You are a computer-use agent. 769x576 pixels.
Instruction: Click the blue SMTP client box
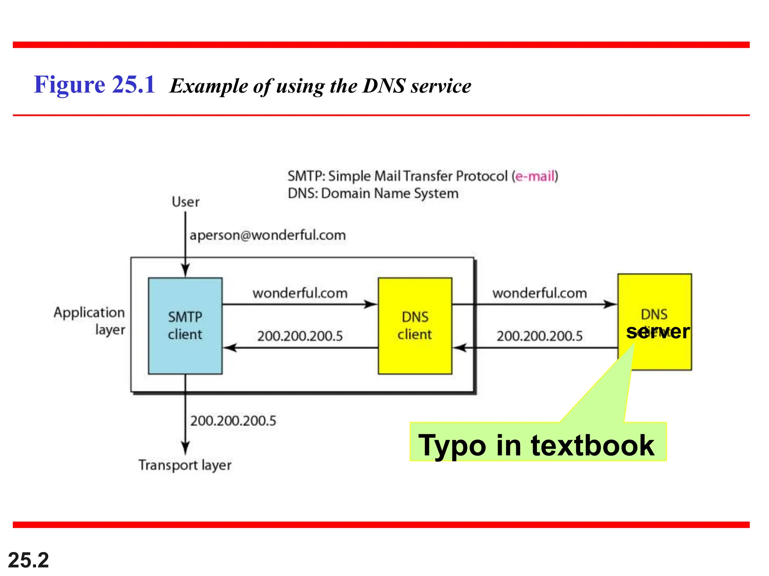point(185,325)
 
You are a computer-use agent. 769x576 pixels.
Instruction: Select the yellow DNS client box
point(415,325)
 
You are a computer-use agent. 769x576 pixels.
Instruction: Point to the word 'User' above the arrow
point(185,202)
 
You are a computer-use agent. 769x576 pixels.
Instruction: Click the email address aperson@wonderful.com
point(268,235)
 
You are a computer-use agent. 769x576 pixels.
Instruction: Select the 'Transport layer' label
point(185,465)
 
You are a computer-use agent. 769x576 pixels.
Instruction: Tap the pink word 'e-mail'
point(535,176)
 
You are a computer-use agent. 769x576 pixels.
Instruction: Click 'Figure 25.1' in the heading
point(95,85)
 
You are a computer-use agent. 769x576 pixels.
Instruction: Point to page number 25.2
point(29,560)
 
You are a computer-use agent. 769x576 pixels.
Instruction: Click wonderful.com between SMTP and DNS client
point(300,293)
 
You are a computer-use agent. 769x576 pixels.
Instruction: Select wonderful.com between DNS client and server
point(540,293)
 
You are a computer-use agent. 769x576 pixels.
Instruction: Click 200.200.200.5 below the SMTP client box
point(233,421)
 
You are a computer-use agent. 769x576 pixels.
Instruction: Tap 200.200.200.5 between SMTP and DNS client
point(300,336)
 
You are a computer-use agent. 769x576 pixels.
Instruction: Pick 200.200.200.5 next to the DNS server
point(540,336)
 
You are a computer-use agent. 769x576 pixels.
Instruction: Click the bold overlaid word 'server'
point(658,331)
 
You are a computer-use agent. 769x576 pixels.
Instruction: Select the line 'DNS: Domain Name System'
point(373,193)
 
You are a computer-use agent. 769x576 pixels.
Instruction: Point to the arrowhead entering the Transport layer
point(185,448)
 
